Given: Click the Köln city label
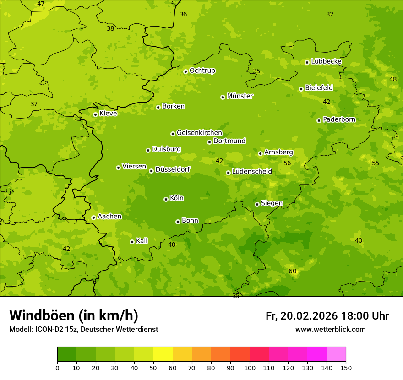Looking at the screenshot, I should pos(177,198).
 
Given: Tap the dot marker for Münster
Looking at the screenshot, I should pos(223,97).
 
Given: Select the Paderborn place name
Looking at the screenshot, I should pos(339,119).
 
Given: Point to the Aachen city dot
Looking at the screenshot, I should pos(93,217).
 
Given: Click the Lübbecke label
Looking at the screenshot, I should pos(326,61).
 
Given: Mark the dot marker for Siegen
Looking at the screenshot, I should pos(257,204).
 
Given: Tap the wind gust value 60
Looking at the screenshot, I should pos(293,271).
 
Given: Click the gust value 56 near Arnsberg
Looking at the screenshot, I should pos(287,163).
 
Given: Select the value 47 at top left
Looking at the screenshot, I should pos(41,4).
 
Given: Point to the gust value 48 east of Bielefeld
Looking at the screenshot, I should pos(393,79).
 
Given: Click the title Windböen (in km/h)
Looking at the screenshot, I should pos(74,315).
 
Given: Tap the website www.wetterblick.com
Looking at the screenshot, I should pos(330,329).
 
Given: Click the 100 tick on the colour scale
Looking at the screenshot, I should pos(250,368).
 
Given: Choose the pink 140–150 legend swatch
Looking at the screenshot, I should pos(336,354).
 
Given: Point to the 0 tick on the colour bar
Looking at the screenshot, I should pos(57,368).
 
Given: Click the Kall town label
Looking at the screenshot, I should pos(142,241).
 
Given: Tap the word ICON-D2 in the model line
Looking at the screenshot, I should pos(47,329).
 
